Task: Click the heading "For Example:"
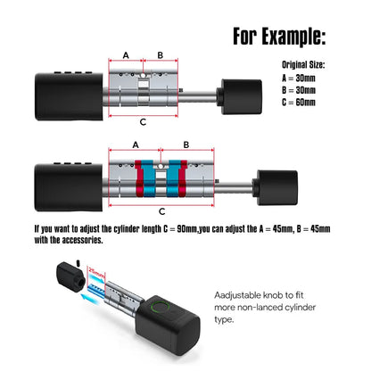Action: click(279, 37)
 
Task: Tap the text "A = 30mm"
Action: click(299, 78)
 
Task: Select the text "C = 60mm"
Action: click(299, 103)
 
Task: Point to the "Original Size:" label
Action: click(303, 65)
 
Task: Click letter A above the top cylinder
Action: click(126, 55)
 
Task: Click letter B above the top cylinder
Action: click(161, 55)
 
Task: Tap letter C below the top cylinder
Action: click(143, 122)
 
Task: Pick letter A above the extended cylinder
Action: click(136, 145)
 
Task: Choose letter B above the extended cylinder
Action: click(186, 145)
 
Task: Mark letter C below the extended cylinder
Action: click(162, 211)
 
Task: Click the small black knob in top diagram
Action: click(240, 96)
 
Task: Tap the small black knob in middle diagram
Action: click(276, 187)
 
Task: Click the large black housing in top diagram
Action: click(69, 96)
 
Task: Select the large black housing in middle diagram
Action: click(69, 187)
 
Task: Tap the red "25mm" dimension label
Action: click(97, 274)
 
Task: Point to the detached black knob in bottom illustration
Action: click(71, 276)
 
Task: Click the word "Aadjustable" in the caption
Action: click(237, 295)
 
